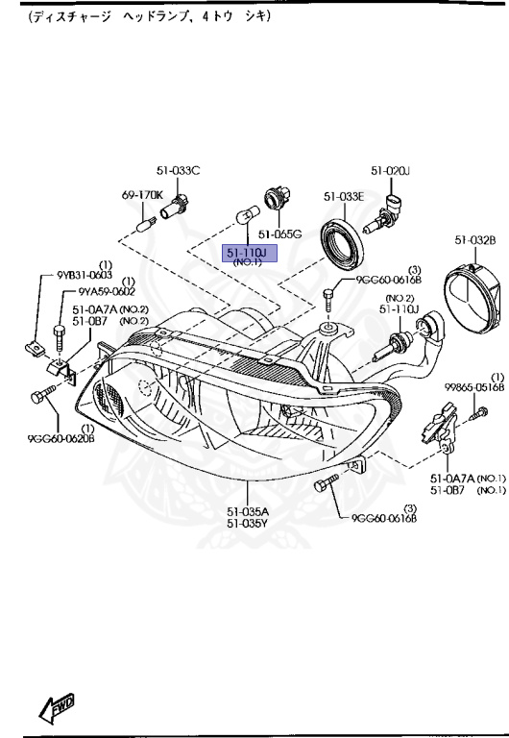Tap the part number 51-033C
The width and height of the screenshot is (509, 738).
click(180, 171)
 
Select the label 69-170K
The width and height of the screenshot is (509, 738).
click(141, 195)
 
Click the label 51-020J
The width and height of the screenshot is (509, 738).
click(391, 171)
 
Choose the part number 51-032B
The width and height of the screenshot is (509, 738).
click(474, 238)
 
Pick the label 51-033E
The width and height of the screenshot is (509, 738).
click(343, 196)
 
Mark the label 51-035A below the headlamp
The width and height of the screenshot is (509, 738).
click(247, 511)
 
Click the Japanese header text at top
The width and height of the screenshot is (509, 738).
click(149, 17)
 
